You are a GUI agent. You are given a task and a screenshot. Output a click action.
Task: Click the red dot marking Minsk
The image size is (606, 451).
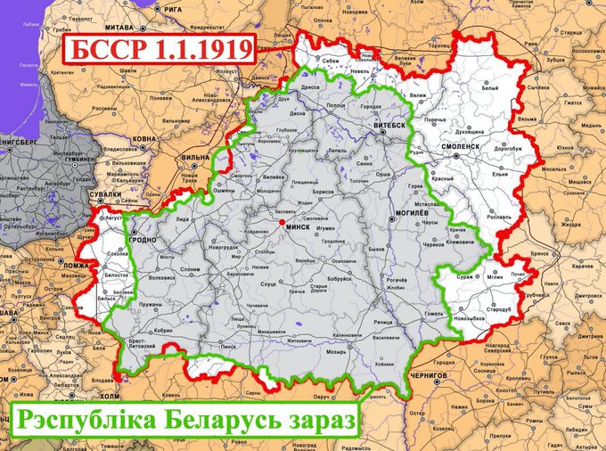coord(281,221)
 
